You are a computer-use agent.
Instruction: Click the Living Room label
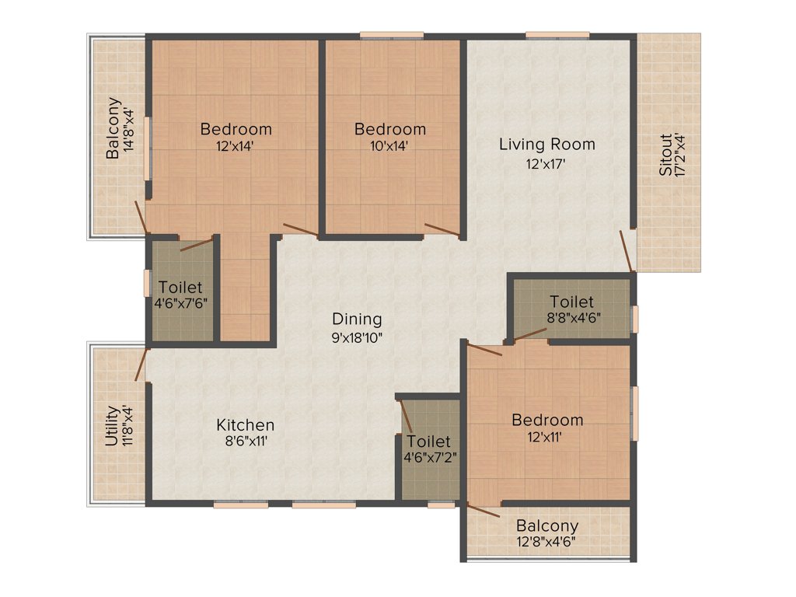tap(546, 144)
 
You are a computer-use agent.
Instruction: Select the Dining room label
tap(357, 319)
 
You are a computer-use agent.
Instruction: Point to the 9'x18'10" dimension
tap(357, 338)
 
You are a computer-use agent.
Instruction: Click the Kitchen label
tap(245, 425)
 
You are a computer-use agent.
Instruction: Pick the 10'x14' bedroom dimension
tap(389, 145)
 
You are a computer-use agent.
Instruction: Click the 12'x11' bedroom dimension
tap(546, 438)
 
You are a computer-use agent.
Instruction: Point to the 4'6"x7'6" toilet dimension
tap(180, 303)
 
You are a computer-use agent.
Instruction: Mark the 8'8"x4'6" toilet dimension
tap(571, 318)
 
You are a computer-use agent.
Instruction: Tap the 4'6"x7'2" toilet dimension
tap(430, 458)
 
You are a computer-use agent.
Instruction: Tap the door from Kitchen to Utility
tap(141, 365)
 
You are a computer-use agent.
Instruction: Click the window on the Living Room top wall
tap(557, 34)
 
